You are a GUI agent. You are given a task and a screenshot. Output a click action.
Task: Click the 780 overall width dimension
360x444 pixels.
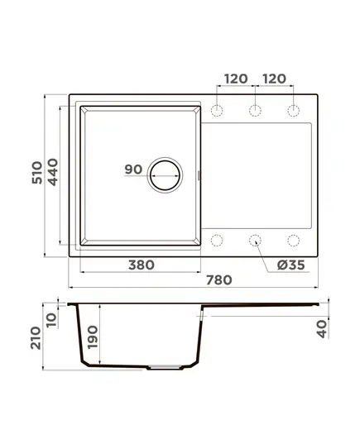click(x=218, y=280)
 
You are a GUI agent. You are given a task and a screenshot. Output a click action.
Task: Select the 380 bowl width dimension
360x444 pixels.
click(x=142, y=265)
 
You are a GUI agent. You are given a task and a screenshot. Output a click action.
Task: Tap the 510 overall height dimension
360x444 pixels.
click(x=37, y=173)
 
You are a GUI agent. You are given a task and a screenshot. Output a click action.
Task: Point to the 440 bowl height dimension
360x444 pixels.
click(x=52, y=172)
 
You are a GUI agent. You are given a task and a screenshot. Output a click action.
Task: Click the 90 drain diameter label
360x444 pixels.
click(x=133, y=169)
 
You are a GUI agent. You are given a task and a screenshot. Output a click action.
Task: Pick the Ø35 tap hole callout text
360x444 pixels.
click(x=290, y=265)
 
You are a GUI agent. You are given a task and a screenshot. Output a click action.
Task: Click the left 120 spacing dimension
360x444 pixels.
click(x=236, y=79)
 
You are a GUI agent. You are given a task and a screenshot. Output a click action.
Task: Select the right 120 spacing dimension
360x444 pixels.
click(x=274, y=79)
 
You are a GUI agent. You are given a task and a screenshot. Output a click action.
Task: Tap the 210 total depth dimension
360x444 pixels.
click(x=36, y=338)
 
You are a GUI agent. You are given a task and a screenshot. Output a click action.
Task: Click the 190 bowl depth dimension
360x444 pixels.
click(x=93, y=337)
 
